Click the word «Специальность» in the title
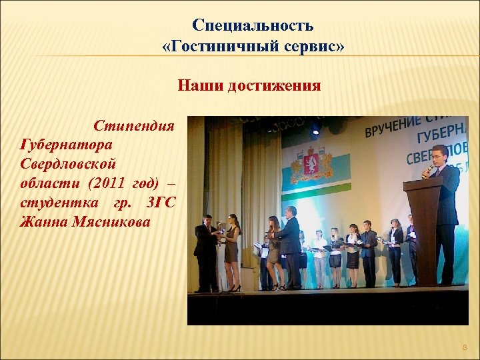[253, 25]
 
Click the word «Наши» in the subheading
[199, 86]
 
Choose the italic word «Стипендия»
[134, 125]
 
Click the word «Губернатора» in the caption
[67, 143]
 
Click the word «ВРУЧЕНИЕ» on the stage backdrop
[393, 127]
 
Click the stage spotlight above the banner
[315, 128]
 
